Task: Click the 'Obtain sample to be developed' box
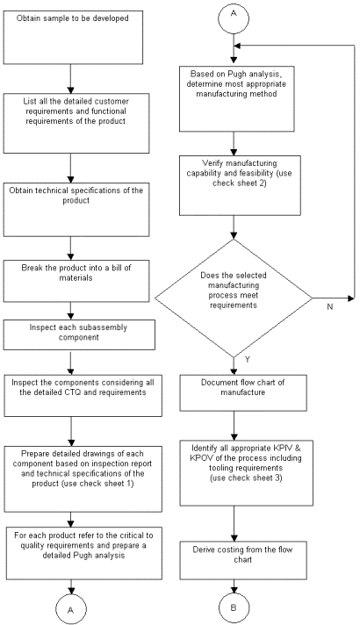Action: (73, 37)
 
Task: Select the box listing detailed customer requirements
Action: (76, 123)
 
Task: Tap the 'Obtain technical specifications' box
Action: (76, 210)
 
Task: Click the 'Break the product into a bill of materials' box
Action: (76, 281)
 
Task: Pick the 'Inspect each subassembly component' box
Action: (79, 335)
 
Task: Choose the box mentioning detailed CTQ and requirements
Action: (83, 396)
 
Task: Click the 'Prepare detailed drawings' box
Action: (83, 478)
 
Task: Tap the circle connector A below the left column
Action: (71, 609)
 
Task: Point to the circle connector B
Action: (234, 608)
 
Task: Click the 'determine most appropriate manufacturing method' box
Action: (237, 99)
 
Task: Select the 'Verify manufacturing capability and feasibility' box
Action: (240, 185)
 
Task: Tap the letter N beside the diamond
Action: (329, 307)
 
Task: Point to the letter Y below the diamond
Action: (248, 360)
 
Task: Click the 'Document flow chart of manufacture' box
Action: (243, 393)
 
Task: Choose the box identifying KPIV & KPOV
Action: (247, 473)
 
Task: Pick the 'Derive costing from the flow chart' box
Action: (243, 560)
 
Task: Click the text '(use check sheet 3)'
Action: (246, 478)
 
